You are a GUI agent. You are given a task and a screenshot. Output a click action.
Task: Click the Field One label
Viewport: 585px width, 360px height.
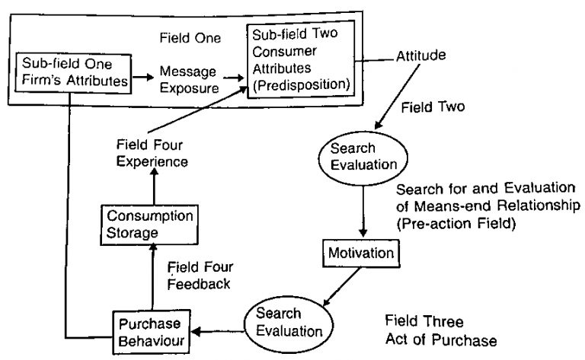190,37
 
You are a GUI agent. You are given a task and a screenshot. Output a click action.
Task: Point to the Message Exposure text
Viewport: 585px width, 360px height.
189,79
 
